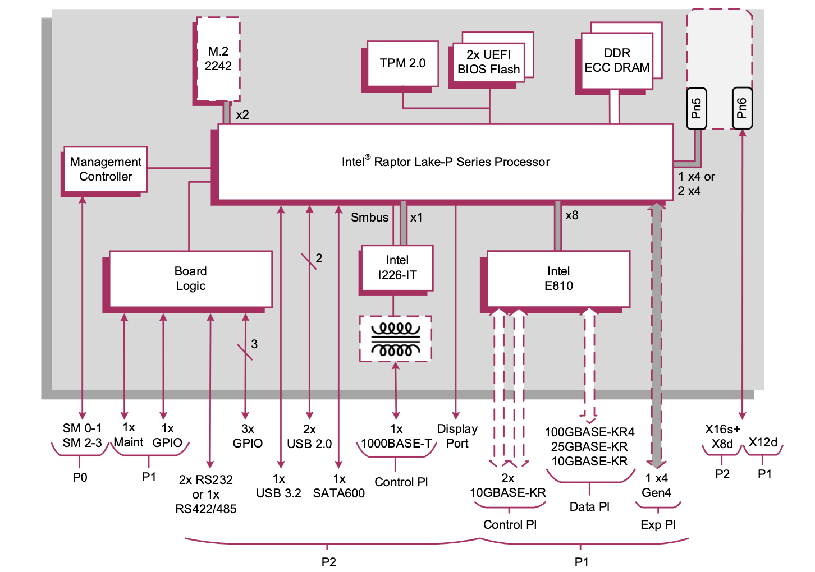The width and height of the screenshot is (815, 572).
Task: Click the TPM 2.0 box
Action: point(402,63)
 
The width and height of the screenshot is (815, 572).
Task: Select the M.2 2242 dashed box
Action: point(218,59)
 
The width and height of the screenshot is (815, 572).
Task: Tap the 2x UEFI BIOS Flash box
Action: point(488,62)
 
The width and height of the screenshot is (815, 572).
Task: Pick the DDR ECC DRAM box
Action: point(617,61)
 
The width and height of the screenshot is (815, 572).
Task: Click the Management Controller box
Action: point(106,169)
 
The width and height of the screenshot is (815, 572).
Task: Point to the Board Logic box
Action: point(191,279)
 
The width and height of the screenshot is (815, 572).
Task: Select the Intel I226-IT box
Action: point(397,268)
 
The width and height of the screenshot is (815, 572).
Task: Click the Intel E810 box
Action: point(558,279)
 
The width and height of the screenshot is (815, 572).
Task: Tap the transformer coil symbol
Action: point(396,339)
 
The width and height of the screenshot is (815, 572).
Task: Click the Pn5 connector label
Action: point(697,108)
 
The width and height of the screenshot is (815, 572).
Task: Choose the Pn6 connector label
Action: point(742,108)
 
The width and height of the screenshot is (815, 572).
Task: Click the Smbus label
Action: point(369,218)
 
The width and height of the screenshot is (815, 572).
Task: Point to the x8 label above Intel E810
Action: point(572,215)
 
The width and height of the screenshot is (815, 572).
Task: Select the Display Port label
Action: point(457,436)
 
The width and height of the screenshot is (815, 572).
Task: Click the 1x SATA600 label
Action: point(339,486)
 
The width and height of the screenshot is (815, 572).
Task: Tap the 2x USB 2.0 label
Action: point(309,437)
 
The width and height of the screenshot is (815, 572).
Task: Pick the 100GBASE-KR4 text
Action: point(589,432)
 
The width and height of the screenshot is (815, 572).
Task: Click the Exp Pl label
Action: point(658,525)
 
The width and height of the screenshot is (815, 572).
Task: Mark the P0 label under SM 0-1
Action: point(80,478)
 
